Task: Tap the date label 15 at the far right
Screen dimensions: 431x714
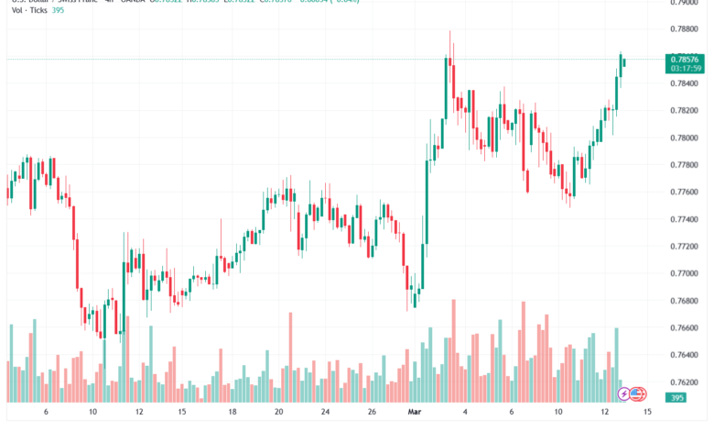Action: pyautogui.click(x=648, y=413)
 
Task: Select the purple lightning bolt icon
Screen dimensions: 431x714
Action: pyautogui.click(x=624, y=393)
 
